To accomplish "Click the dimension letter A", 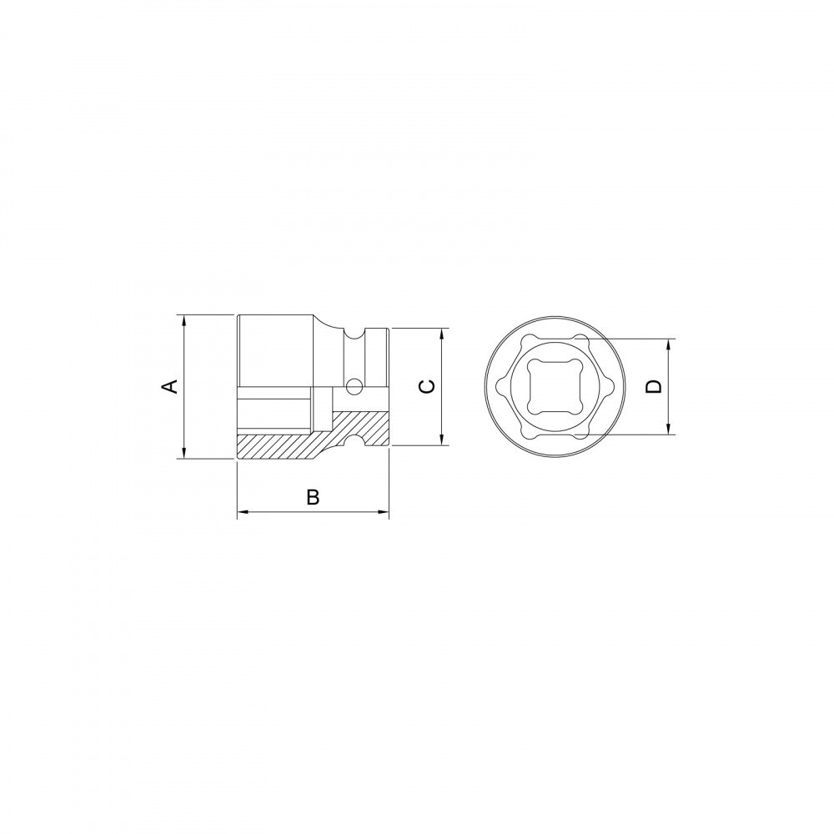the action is (x=169, y=386).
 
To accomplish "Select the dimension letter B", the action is (x=314, y=497).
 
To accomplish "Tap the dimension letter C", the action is (x=427, y=387).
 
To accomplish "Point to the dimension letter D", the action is (x=654, y=387).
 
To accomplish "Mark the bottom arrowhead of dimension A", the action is (x=183, y=452).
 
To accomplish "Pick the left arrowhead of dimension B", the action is (x=243, y=512).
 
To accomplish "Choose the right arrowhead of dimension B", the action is (x=383, y=512).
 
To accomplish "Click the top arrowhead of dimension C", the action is (x=442, y=334).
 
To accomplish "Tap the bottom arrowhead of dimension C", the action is (x=442, y=439).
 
